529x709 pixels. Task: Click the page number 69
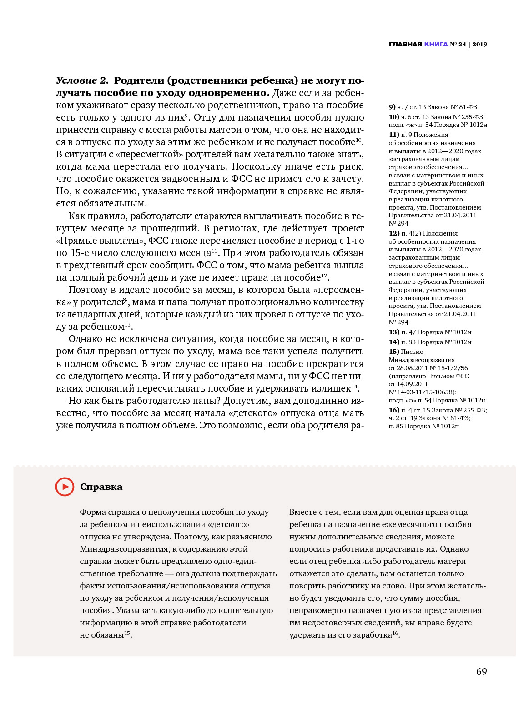click(x=481, y=672)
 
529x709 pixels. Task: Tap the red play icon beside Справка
click(x=65, y=487)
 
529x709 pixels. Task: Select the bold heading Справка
click(x=101, y=487)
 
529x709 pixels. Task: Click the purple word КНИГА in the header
click(x=436, y=44)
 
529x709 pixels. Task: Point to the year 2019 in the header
click(x=479, y=44)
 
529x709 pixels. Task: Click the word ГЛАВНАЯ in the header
click(x=405, y=44)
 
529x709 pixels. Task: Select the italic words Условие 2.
click(x=82, y=80)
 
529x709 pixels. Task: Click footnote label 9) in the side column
click(x=392, y=107)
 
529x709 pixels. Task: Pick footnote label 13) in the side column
click(x=394, y=332)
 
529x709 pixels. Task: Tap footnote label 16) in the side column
click(x=394, y=410)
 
